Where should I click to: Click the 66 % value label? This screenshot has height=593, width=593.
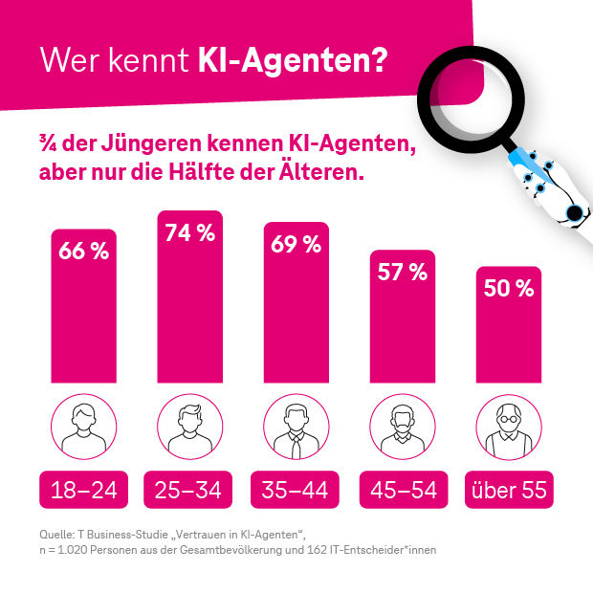(84, 253)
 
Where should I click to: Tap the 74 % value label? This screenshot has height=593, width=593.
(190, 234)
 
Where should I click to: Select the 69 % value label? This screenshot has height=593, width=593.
(296, 245)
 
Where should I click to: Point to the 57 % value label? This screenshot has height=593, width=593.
(403, 273)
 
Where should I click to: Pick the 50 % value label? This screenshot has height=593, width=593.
(509, 289)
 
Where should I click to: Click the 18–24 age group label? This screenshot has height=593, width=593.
(84, 491)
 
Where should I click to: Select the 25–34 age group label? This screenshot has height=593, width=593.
(190, 491)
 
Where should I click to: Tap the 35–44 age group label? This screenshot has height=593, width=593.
(296, 491)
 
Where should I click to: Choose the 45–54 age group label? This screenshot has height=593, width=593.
(403, 491)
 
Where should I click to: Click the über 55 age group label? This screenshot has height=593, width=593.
(509, 491)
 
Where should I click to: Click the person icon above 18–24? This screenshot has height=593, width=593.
(84, 427)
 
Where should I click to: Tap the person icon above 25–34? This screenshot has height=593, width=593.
(190, 427)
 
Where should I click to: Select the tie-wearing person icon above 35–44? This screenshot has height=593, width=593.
(296, 427)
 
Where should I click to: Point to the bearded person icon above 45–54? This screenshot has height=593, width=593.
(403, 427)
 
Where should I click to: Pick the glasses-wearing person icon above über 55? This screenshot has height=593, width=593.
(509, 427)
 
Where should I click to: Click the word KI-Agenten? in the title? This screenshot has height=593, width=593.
(292, 60)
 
